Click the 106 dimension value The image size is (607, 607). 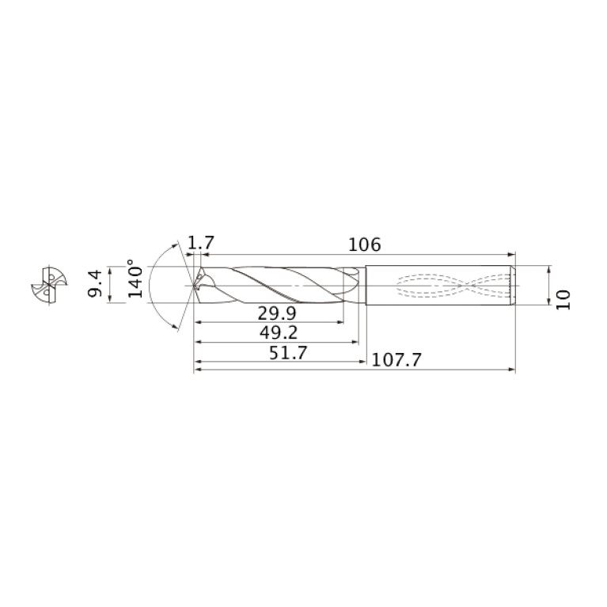(365, 245)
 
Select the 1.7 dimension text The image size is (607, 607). (200, 243)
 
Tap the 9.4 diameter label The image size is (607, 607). (95, 284)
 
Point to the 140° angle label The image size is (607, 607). (135, 279)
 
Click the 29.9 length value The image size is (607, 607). (277, 313)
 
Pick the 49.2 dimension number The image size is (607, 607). (279, 332)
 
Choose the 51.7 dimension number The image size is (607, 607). (288, 353)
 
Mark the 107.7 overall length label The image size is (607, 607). (396, 360)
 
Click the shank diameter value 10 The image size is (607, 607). (563, 300)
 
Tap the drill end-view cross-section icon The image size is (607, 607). (49, 286)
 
